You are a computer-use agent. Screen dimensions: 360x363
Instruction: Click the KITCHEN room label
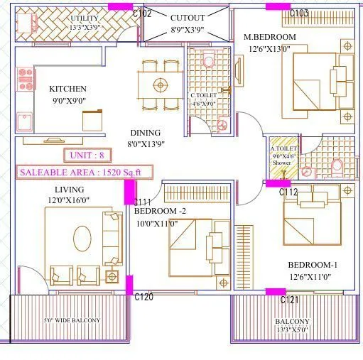pyautogui.click(x=67, y=89)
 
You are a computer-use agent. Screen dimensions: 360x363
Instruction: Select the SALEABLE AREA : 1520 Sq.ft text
pyautogui.click(x=70, y=172)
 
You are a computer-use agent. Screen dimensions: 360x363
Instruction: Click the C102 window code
pyautogui.click(x=142, y=13)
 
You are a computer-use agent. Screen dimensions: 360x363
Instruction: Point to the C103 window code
pyautogui.click(x=299, y=13)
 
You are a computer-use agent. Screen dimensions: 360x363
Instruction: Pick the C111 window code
pyautogui.click(x=143, y=202)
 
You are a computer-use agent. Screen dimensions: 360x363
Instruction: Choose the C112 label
pyautogui.click(x=288, y=192)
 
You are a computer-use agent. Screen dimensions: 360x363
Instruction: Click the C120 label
pyautogui.click(x=143, y=297)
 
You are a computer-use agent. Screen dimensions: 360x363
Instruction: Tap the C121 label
pyautogui.click(x=289, y=300)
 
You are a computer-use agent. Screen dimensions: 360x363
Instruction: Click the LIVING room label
pyautogui.click(x=69, y=190)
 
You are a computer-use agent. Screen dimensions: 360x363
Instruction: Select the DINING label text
pyautogui.click(x=145, y=133)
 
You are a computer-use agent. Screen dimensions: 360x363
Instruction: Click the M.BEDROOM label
pyautogui.click(x=270, y=37)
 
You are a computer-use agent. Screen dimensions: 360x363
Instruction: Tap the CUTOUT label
pyautogui.click(x=188, y=16)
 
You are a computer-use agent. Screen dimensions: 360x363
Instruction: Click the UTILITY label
pyautogui.click(x=85, y=18)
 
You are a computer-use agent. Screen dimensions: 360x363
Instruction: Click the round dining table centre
pyautogui.click(x=160, y=84)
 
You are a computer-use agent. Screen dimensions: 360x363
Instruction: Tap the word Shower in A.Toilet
pyautogui.click(x=281, y=163)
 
